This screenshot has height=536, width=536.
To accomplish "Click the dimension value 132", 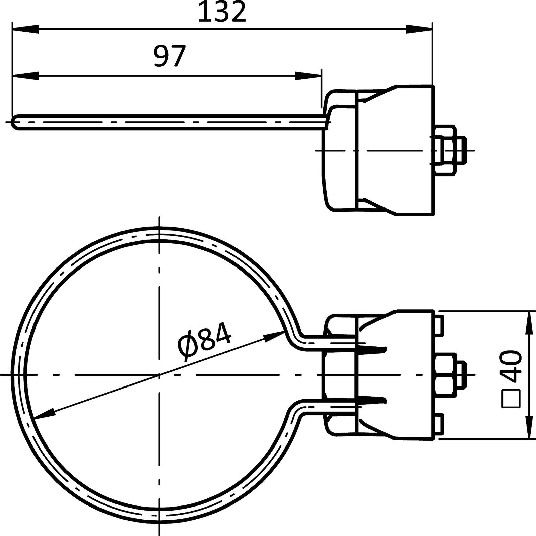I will [222, 12].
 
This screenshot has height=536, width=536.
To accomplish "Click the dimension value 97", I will [170, 56].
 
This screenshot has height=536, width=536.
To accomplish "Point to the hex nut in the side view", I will [445, 150].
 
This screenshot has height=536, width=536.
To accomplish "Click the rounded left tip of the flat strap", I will [15, 121].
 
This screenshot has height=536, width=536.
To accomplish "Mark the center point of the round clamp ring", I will [160, 374].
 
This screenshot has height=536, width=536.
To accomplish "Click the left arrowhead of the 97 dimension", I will [25, 76].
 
